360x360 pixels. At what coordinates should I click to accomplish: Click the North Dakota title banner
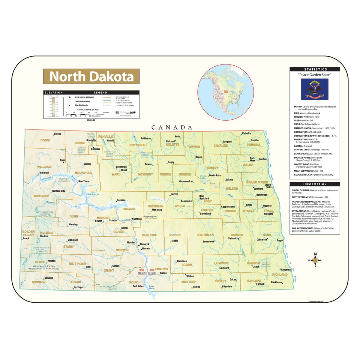coord(91,76)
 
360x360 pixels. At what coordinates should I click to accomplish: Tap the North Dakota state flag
coord(315,89)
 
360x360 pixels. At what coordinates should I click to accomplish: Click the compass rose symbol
coord(315,260)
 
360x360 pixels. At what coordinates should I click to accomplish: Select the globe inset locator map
coord(226,92)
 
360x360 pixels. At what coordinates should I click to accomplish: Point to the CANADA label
coord(172,127)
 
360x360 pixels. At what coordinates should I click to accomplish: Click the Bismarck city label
coord(144,244)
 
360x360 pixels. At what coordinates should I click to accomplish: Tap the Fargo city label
coord(279,241)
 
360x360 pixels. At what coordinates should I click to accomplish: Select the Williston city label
coord(44,173)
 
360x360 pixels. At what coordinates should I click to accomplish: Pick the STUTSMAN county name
coord(205,235)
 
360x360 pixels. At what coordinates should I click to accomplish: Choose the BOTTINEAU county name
coord(138,145)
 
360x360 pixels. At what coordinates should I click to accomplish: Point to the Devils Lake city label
coord(215,175)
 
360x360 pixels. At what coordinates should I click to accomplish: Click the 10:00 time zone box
coord(142,273)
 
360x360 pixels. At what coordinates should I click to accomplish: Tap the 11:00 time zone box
coord(152,273)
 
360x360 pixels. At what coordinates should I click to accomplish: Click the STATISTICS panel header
coord(315,69)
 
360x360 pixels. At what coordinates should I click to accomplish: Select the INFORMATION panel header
coord(315,184)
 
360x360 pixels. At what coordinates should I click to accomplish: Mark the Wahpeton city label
coord(285,269)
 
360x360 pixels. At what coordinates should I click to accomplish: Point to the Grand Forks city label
coord(268,186)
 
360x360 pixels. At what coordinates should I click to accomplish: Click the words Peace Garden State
coord(314,75)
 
